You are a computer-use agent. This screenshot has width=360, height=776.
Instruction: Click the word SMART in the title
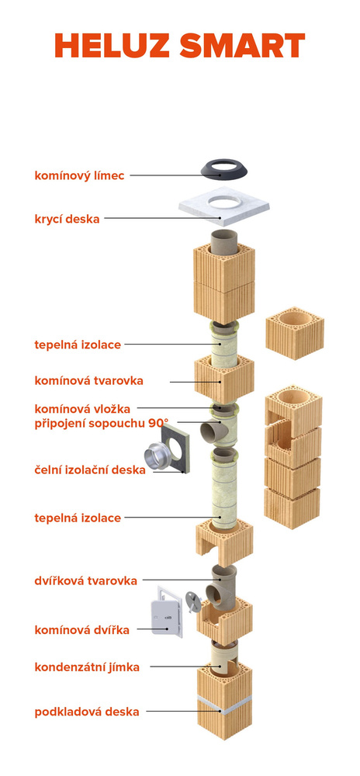pyautogui.click(x=242, y=46)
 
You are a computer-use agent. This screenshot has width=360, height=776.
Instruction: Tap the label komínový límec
pyautogui.click(x=79, y=175)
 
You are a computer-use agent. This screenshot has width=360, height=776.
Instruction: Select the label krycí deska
pyautogui.click(x=67, y=219)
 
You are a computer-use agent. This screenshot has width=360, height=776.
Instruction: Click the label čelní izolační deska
pyautogui.click(x=90, y=469)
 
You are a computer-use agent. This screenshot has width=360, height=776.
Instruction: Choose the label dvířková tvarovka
pyautogui.click(x=85, y=580)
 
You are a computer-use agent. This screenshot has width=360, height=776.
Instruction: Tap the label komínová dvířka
pyautogui.click(x=81, y=630)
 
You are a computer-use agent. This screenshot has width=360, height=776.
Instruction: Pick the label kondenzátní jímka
pyautogui.click(x=87, y=667)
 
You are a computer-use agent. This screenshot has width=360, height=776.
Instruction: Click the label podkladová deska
pyautogui.click(x=87, y=712)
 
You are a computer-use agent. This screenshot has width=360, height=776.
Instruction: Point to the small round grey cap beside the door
pyautogui.click(x=193, y=600)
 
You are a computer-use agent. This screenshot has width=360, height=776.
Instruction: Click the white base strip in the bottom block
pyautogui.click(x=224, y=706)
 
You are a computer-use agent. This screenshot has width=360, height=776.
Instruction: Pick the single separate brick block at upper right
pyautogui.click(x=295, y=333)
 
